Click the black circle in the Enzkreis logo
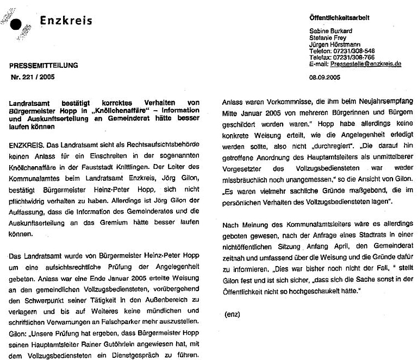tap(18, 23)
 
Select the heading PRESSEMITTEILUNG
tap(43, 66)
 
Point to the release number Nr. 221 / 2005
tap(34, 78)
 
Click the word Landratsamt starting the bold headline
tap(34, 102)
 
